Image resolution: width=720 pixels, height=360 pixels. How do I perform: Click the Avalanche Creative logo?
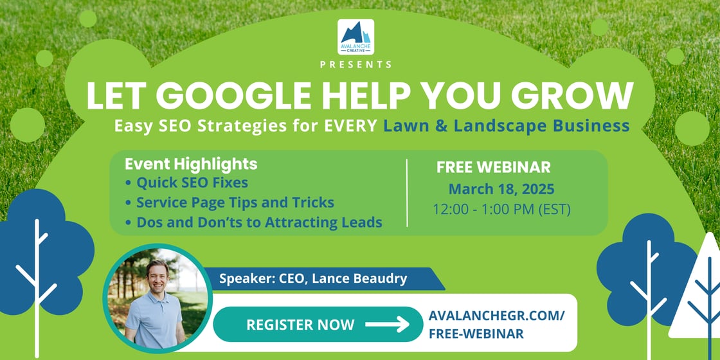(x=355, y=37)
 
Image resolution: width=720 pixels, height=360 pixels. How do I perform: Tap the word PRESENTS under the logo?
(x=355, y=64)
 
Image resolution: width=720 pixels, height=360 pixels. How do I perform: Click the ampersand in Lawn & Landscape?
(x=441, y=125)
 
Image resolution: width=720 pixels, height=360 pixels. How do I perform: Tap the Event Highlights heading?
(x=191, y=164)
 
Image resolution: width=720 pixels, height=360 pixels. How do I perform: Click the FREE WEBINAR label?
(x=494, y=167)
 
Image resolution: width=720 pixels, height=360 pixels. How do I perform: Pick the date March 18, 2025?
(x=501, y=190)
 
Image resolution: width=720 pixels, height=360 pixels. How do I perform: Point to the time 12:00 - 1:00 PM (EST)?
(x=501, y=210)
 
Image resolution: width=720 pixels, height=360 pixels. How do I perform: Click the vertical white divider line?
(x=408, y=193)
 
